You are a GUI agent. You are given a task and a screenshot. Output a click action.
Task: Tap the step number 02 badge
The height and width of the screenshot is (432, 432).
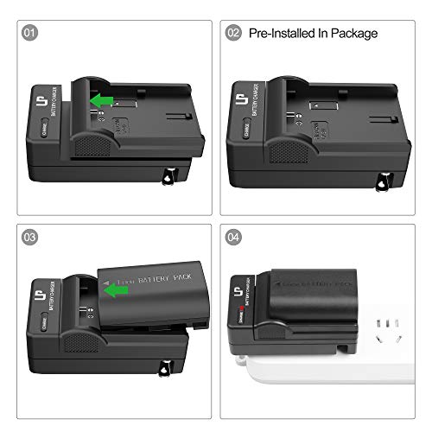click(233, 34)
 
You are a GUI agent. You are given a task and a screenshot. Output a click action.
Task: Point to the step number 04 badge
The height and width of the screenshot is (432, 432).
click(233, 237)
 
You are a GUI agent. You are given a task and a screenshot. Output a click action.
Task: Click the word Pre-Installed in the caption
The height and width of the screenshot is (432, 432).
click(285, 34)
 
